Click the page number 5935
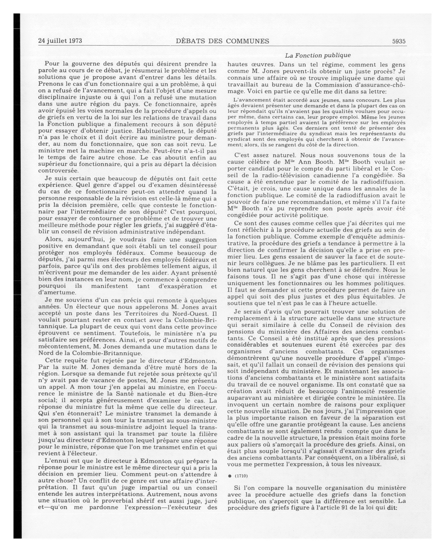pyautogui.click(x=399, y=41)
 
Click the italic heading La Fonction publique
pyautogui.click(x=318, y=55)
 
